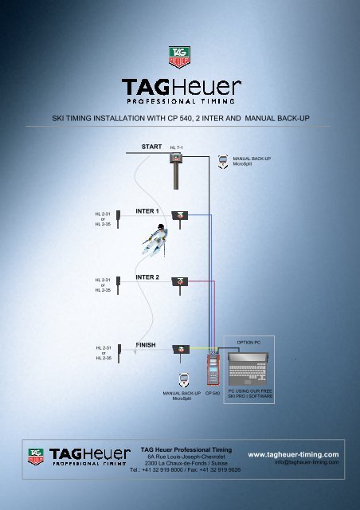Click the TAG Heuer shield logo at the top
click(x=179, y=57)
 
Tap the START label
click(x=151, y=147)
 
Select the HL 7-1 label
click(x=176, y=147)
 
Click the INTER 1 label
click(x=147, y=211)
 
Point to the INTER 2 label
click(x=147, y=277)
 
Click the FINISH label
click(x=146, y=345)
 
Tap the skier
click(x=155, y=240)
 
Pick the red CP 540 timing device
click(x=213, y=370)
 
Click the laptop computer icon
click(x=248, y=369)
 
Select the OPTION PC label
click(x=248, y=343)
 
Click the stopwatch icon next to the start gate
click(x=223, y=162)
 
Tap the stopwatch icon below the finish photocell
click(x=184, y=380)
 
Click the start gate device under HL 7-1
click(x=176, y=171)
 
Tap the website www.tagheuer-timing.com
click(x=293, y=454)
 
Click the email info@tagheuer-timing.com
click(x=307, y=462)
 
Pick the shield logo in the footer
click(x=36, y=457)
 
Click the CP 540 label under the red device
click(x=213, y=393)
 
